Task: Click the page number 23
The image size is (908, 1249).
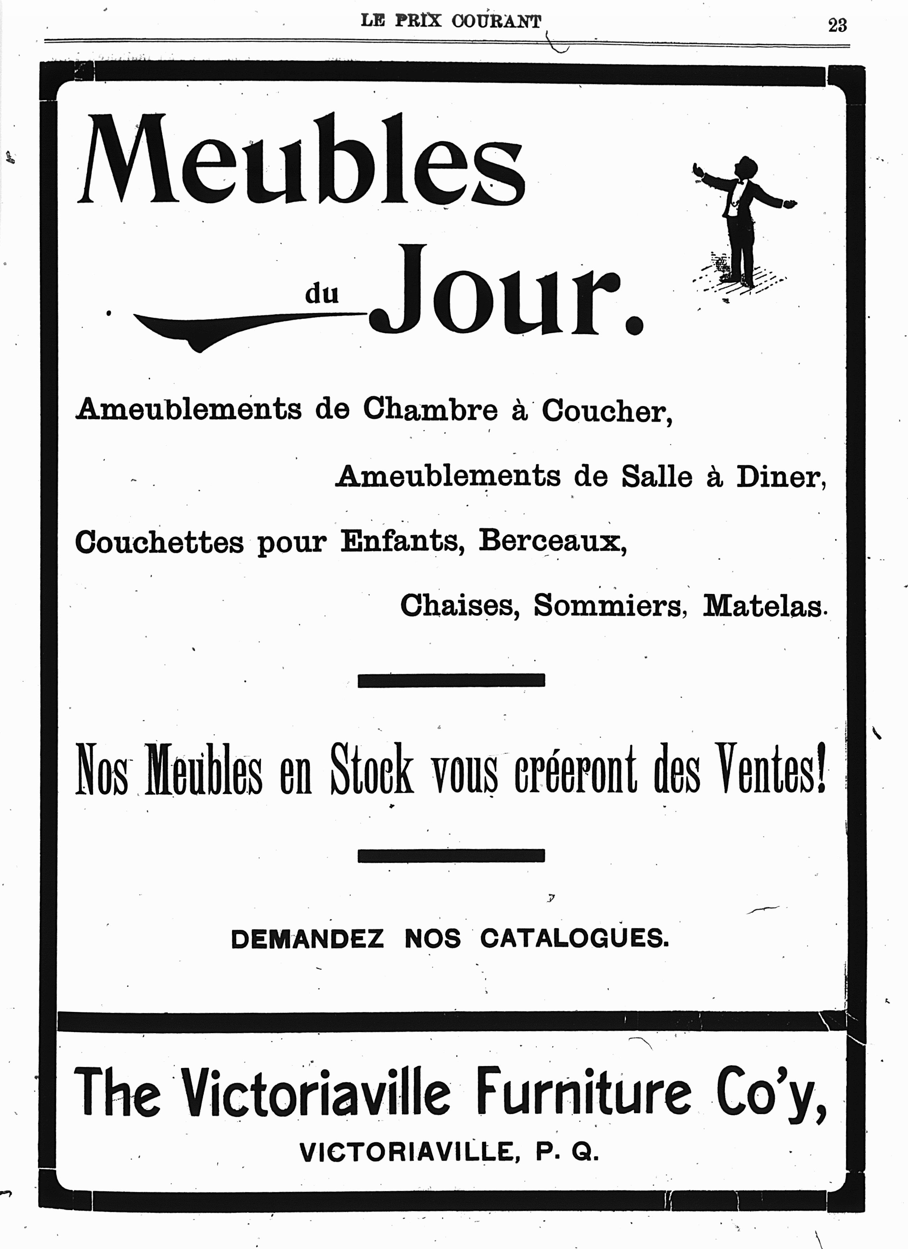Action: click(837, 25)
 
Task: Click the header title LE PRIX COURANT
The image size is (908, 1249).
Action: click(450, 21)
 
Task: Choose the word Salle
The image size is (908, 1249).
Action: click(657, 476)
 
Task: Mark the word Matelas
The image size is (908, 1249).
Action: click(763, 606)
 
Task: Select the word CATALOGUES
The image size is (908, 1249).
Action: click(574, 939)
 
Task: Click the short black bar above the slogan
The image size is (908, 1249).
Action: click(451, 680)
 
